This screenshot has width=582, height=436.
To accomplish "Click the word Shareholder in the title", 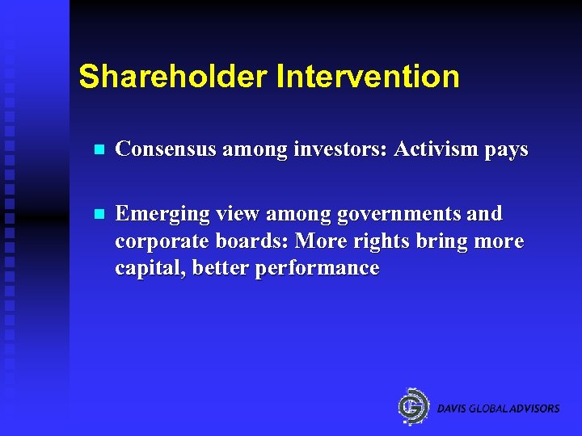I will (x=173, y=77).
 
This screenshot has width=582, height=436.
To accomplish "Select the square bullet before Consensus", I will (x=98, y=150).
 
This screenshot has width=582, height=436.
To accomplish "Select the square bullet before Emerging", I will (x=98, y=215).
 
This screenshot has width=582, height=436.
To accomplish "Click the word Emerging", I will (x=159, y=215).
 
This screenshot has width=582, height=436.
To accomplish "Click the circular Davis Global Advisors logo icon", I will (x=415, y=406).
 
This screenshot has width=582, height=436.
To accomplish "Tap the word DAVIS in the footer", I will (x=452, y=409).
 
